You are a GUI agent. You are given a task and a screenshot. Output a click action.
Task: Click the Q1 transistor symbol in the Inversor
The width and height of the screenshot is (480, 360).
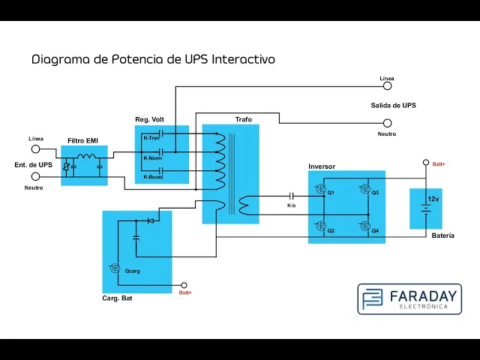(x=320, y=189)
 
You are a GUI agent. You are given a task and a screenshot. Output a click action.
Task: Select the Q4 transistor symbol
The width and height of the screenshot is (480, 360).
(x=364, y=226)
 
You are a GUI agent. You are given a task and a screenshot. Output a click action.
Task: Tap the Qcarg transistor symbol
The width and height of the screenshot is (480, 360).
(x=114, y=268)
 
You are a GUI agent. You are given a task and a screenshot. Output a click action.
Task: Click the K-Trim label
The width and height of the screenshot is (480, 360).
(x=151, y=138)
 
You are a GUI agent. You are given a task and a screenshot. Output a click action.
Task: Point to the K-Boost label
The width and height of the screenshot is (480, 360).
(x=153, y=177)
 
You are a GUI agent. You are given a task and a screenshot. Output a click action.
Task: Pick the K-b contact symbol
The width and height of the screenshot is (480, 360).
(x=292, y=196)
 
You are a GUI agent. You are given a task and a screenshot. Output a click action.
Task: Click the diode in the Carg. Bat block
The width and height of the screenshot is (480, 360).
(x=151, y=220)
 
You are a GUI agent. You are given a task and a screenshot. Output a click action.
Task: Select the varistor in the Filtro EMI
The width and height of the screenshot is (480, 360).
(x=66, y=166)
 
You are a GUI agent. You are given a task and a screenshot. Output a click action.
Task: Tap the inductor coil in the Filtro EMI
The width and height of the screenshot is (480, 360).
(x=86, y=157)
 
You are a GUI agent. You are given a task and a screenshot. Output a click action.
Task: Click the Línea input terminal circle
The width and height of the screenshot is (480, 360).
(x=36, y=149)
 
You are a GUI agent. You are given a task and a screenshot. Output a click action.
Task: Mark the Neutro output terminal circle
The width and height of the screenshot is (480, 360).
(x=388, y=123)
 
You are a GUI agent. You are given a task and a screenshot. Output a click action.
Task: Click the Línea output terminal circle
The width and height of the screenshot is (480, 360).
(x=388, y=86)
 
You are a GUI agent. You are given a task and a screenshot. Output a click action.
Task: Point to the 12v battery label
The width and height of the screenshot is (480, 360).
(x=433, y=199)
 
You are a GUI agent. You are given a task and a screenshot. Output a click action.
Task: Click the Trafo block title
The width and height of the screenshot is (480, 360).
(x=244, y=119)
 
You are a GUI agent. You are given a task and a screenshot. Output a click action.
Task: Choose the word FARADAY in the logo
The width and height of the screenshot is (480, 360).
(x=423, y=296)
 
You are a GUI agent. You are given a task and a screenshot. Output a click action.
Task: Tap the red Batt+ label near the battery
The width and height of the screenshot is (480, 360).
(x=439, y=164)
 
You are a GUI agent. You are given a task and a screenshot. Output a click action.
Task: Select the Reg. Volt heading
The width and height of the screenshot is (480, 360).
(x=150, y=119)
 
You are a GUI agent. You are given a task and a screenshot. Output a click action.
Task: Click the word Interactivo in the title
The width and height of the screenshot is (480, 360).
(x=243, y=59)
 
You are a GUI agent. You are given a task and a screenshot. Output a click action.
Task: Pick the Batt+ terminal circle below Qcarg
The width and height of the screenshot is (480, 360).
(x=184, y=285)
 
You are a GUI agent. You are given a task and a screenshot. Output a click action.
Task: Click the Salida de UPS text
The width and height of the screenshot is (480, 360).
(x=393, y=106)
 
